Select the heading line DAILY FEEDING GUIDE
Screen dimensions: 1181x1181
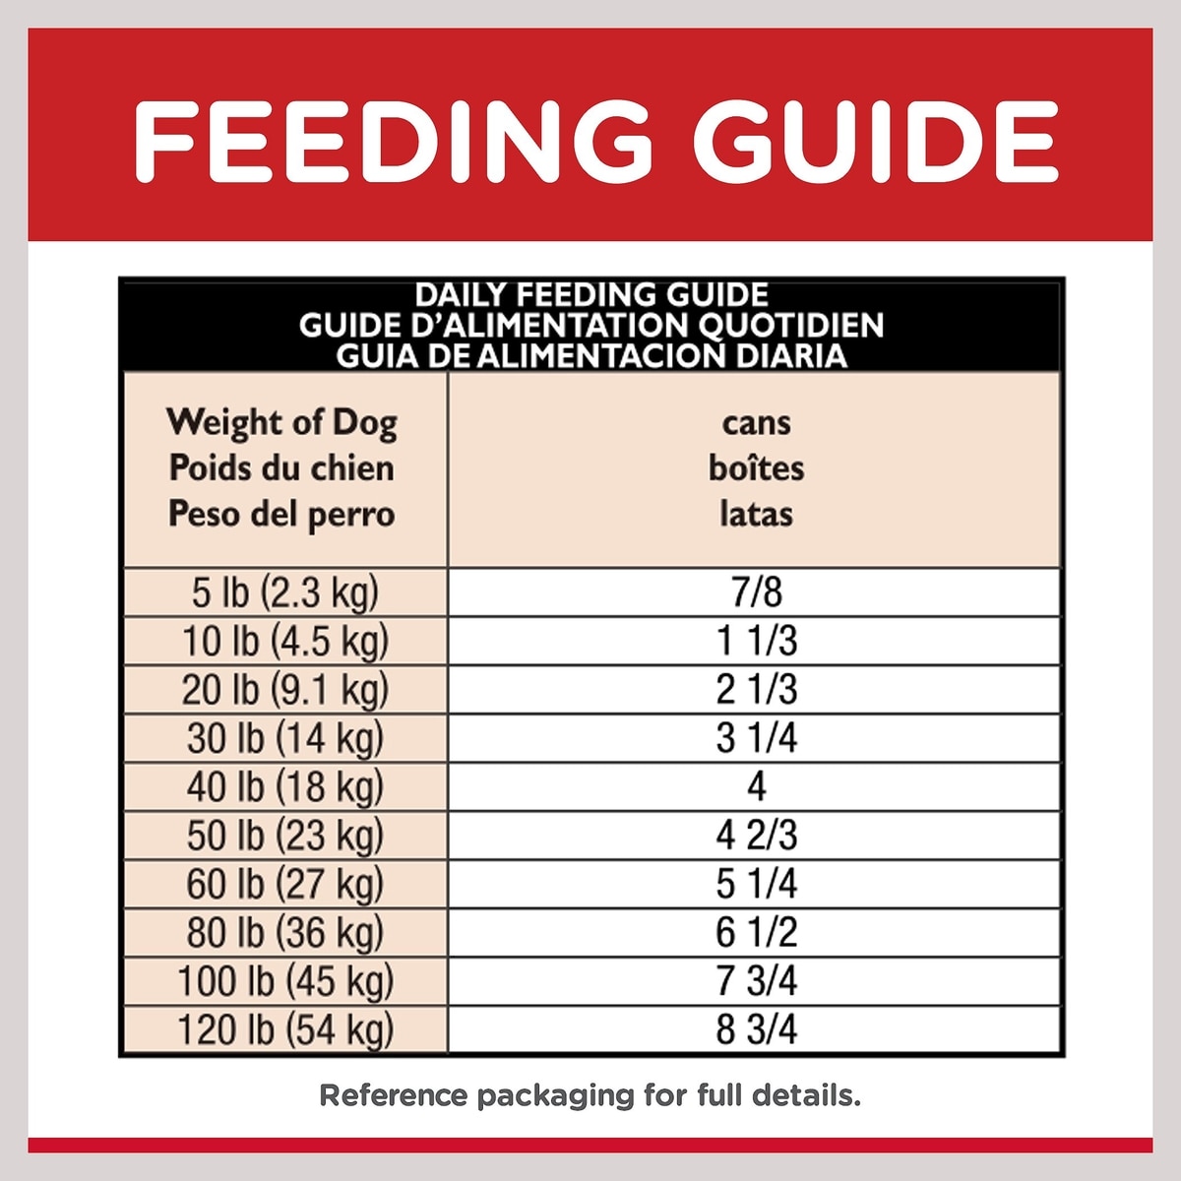point(591,294)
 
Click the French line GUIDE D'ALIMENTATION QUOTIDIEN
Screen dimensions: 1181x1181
point(591,325)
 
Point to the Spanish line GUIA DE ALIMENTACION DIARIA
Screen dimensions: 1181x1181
point(591,355)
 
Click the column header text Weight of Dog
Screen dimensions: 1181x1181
point(281,422)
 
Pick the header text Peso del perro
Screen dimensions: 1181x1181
point(281,514)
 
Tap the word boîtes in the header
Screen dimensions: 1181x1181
point(756,468)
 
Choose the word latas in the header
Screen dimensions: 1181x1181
point(756,514)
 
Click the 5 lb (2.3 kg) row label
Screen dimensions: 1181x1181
point(285,592)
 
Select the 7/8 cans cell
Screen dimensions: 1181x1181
point(756,592)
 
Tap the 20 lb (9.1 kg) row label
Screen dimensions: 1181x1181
point(285,690)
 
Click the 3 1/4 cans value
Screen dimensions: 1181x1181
point(756,738)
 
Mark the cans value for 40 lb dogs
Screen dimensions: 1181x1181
point(756,786)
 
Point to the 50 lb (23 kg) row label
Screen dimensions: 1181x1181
point(285,836)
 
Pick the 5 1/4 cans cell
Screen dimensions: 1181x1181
point(756,884)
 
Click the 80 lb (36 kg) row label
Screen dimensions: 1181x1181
point(285,932)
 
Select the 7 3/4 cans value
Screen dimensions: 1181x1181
point(756,981)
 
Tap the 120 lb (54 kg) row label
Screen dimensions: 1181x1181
point(285,1029)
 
